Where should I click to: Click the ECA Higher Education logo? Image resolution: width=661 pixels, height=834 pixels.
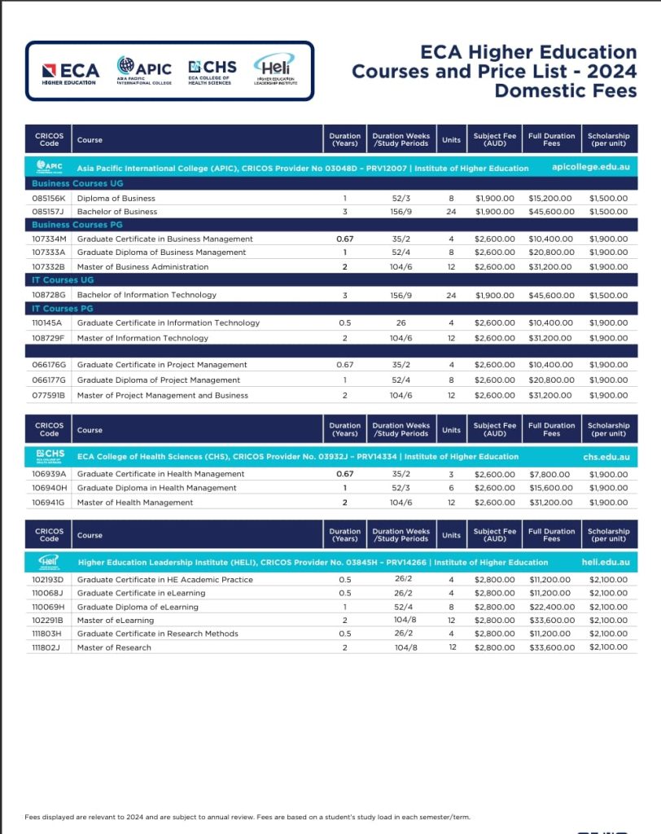click(x=69, y=71)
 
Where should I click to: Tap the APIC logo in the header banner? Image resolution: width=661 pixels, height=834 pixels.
click(x=144, y=71)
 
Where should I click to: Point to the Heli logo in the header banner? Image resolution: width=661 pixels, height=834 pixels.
click(x=274, y=69)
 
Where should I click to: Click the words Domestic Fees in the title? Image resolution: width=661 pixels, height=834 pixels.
click(x=565, y=90)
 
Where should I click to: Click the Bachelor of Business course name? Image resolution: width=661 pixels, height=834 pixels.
click(x=117, y=212)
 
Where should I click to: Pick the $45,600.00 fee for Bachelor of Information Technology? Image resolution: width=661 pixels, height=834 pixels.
click(x=550, y=295)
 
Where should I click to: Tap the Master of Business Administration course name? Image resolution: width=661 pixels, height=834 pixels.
click(x=142, y=267)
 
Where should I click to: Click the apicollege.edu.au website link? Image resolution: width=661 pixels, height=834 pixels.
click(x=590, y=168)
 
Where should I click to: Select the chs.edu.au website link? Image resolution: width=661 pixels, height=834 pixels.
click(x=606, y=457)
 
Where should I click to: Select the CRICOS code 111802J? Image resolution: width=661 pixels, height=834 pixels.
click(x=47, y=647)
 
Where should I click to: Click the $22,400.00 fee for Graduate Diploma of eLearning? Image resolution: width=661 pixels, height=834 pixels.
click(x=550, y=607)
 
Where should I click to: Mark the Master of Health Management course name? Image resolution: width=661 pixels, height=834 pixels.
click(x=135, y=503)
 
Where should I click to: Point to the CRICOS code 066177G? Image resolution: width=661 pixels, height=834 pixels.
click(x=49, y=380)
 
